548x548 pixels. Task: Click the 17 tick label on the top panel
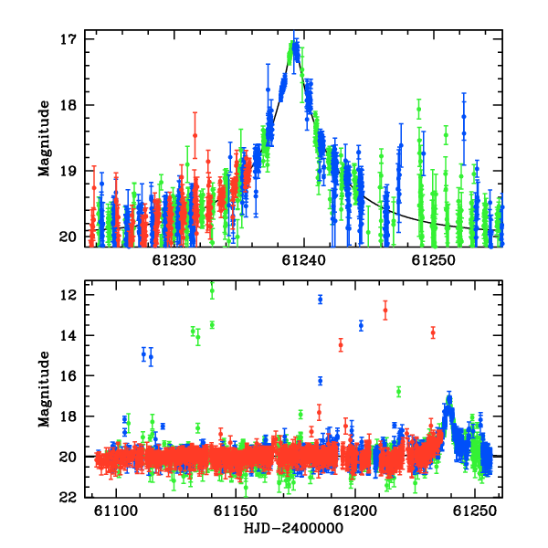68,39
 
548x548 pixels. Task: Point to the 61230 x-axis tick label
174,260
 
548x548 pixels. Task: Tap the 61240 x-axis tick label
304,260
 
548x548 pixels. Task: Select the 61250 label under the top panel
433,260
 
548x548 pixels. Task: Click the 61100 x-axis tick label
116,511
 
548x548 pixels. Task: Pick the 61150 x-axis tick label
236,511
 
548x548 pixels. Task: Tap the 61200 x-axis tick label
355,511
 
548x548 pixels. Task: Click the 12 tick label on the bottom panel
68,295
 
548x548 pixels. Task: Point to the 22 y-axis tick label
68,497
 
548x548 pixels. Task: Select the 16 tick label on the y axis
68,375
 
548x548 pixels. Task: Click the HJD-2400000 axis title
293,528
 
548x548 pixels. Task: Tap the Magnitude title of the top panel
45,139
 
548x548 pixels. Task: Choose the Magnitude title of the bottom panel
45,389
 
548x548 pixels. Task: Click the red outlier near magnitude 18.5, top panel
195,135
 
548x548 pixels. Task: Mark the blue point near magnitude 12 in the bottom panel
321,300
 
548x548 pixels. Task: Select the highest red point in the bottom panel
385,310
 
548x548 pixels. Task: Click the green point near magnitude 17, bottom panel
398,392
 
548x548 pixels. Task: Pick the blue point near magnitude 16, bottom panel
321,381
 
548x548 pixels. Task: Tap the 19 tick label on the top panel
68,171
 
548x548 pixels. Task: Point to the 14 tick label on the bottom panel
68,335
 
